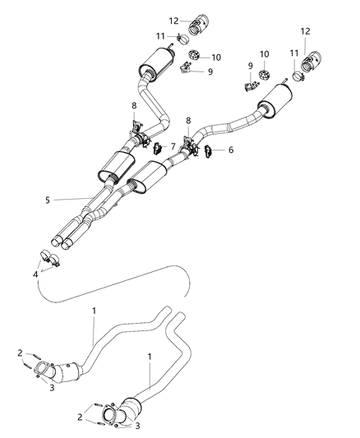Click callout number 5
[x=48, y=199]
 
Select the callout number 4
[x=35, y=274]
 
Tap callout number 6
[x=230, y=150]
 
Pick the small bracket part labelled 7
[x=153, y=148]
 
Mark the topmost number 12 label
[x=173, y=20]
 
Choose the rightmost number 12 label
[x=306, y=30]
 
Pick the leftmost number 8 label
[x=134, y=104]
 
